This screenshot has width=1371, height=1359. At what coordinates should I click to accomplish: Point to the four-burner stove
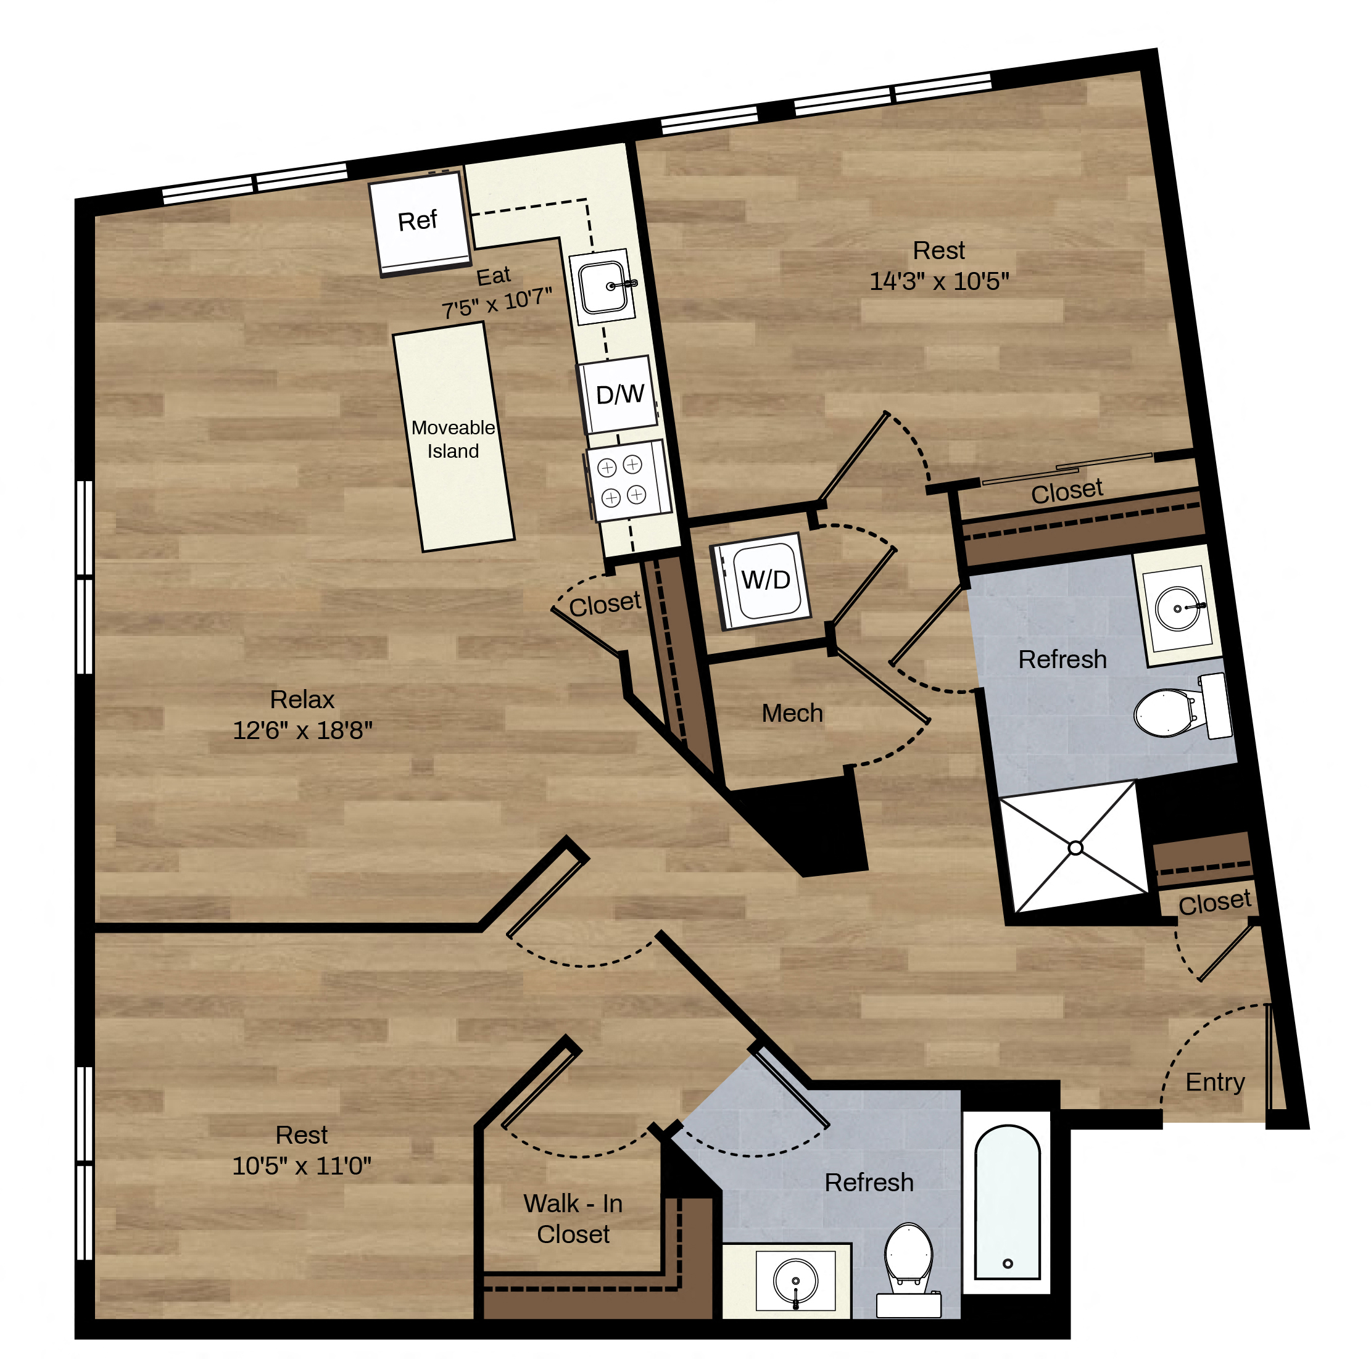[628, 481]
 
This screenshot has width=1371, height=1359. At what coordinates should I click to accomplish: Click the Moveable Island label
[453, 439]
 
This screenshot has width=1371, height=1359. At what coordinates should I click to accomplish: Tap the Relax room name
[302, 700]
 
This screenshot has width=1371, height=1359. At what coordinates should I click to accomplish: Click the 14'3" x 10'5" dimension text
[939, 282]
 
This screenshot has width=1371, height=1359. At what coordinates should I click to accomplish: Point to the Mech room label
[792, 713]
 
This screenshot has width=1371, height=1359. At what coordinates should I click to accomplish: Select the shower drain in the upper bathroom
[1075, 848]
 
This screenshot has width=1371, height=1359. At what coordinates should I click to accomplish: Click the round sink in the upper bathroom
[1177, 608]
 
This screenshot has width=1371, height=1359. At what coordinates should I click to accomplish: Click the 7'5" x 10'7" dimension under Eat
[497, 304]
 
